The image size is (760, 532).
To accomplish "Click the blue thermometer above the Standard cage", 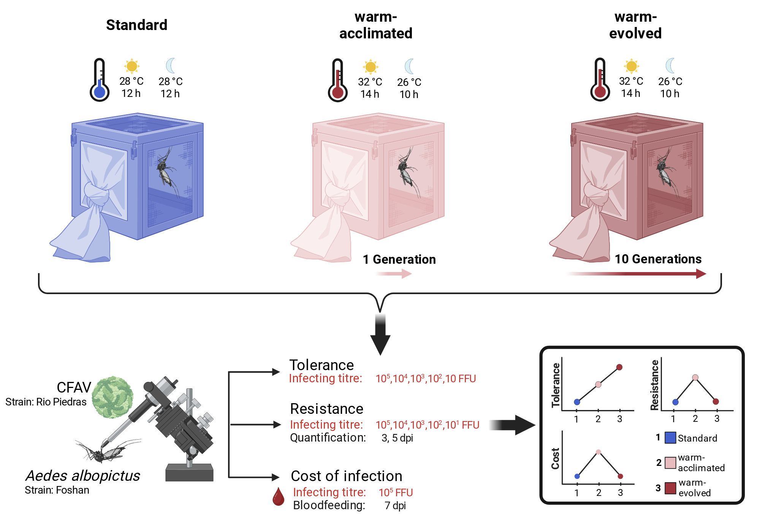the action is [100, 80].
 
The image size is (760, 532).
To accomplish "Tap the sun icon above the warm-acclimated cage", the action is [370, 67].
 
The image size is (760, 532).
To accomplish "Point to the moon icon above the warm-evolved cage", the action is [670, 66].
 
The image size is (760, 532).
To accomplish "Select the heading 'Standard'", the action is [137, 25].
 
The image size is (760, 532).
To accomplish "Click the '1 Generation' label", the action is [399, 260].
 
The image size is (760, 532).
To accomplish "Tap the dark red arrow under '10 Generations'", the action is [636, 274].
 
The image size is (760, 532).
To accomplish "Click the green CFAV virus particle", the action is [112, 397].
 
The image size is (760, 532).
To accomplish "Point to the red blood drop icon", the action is [279, 497].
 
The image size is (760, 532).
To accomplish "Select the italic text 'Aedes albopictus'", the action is [83, 476].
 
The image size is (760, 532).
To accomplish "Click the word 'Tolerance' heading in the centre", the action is [321, 365].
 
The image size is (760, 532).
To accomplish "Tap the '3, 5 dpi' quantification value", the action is [397, 438].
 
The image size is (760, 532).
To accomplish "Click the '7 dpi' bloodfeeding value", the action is [395, 506].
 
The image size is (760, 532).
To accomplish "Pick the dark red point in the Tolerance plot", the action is [619, 367].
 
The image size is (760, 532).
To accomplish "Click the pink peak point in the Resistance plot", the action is [695, 377].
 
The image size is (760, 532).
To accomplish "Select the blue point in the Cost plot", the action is [577, 476].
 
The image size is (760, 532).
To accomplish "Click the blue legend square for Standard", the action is [670, 438].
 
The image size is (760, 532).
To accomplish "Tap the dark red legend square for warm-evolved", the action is [670, 488].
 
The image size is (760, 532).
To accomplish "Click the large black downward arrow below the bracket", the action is [380, 334].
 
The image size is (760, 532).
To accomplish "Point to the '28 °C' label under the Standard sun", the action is [131, 81].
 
